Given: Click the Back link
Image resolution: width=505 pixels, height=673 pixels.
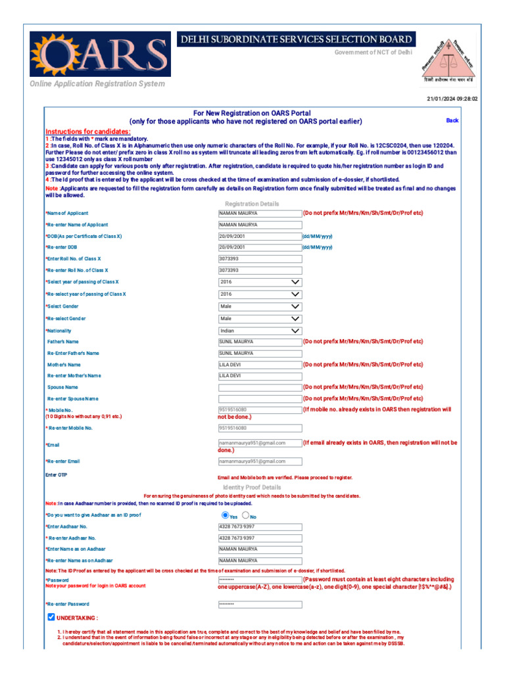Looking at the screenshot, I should pyautogui.click(x=452, y=120).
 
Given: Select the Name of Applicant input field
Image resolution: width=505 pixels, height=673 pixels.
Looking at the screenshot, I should pyautogui.click(x=260, y=213).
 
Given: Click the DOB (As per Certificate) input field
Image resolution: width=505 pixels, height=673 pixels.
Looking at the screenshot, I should pyautogui.click(x=260, y=236).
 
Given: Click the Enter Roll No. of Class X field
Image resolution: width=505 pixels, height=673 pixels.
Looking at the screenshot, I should pyautogui.click(x=260, y=259).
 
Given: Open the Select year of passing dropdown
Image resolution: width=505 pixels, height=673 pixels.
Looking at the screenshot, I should pyautogui.click(x=260, y=282).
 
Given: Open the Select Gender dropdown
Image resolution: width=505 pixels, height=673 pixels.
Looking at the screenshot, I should pyautogui.click(x=260, y=306).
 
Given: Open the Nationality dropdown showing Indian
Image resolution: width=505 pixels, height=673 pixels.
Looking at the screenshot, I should pyautogui.click(x=260, y=331).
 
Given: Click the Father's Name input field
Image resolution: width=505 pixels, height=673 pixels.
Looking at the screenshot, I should pyautogui.click(x=260, y=342).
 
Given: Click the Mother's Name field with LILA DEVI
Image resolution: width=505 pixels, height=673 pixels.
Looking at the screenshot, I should pyautogui.click(x=260, y=364).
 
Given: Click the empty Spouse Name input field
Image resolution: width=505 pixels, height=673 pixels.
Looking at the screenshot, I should pyautogui.click(x=260, y=387).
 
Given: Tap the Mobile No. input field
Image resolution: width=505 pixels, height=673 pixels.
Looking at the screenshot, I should pyautogui.click(x=260, y=409).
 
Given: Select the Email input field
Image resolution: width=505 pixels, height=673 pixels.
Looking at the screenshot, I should pyautogui.click(x=260, y=443).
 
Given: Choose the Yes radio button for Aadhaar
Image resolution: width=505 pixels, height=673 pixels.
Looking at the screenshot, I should pyautogui.click(x=226, y=516).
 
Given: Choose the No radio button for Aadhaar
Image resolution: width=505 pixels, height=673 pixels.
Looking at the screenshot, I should pyautogui.click(x=245, y=516).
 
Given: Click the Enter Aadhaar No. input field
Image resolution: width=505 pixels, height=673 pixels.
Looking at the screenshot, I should pyautogui.click(x=260, y=526).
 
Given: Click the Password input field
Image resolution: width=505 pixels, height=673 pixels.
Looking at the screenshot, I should pyautogui.click(x=260, y=580).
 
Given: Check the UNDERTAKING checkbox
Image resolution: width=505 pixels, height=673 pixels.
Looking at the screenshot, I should pyautogui.click(x=51, y=617).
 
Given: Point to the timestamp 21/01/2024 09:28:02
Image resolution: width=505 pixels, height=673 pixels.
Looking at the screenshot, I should pyautogui.click(x=452, y=99).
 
